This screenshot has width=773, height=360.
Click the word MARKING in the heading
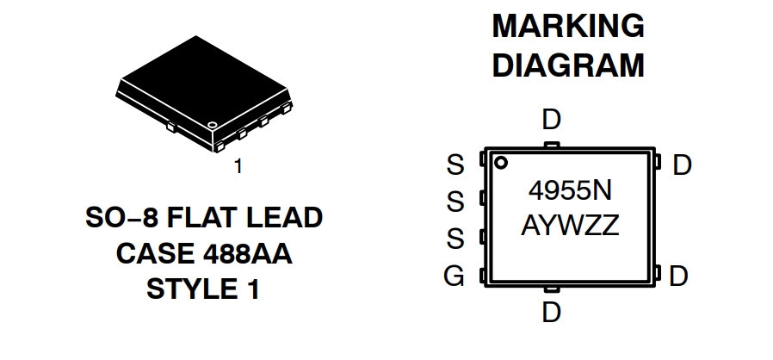click(568, 26)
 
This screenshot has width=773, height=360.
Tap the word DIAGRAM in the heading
click(568, 65)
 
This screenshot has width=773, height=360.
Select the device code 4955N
click(570, 190)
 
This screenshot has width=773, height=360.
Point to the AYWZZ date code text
click(570, 226)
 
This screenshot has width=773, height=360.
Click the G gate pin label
click(454, 276)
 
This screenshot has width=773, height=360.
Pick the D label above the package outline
click(551, 120)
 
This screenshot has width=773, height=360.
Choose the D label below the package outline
click(551, 312)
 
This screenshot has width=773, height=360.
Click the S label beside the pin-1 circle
click(455, 164)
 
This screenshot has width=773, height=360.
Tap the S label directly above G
click(455, 239)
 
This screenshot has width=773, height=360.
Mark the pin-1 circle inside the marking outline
click(501, 163)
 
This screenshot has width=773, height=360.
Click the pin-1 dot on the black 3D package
click(213, 125)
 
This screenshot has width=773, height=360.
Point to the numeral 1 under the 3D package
click(238, 167)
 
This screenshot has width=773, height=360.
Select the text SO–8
click(121, 218)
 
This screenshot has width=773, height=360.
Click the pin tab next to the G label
click(483, 276)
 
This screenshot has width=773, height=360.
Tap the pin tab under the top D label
click(552, 145)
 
